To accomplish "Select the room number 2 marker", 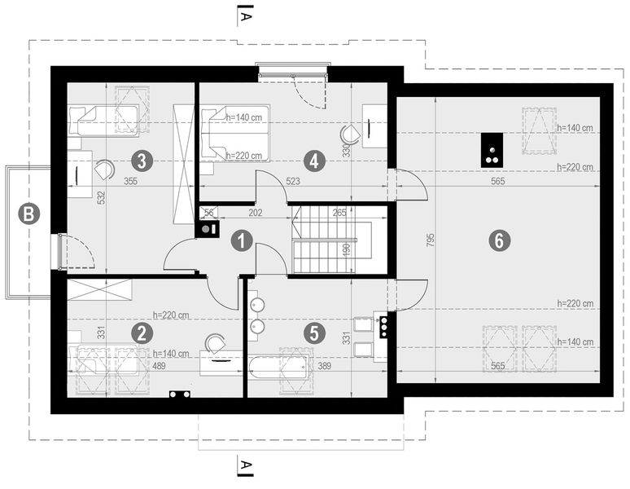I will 142,333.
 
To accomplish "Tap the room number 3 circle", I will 142,159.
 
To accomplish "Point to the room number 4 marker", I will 313,159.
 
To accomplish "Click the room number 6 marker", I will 498,240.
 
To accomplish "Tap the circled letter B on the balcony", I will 28,214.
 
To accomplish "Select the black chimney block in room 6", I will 492,150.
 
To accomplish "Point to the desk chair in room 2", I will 216,344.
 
